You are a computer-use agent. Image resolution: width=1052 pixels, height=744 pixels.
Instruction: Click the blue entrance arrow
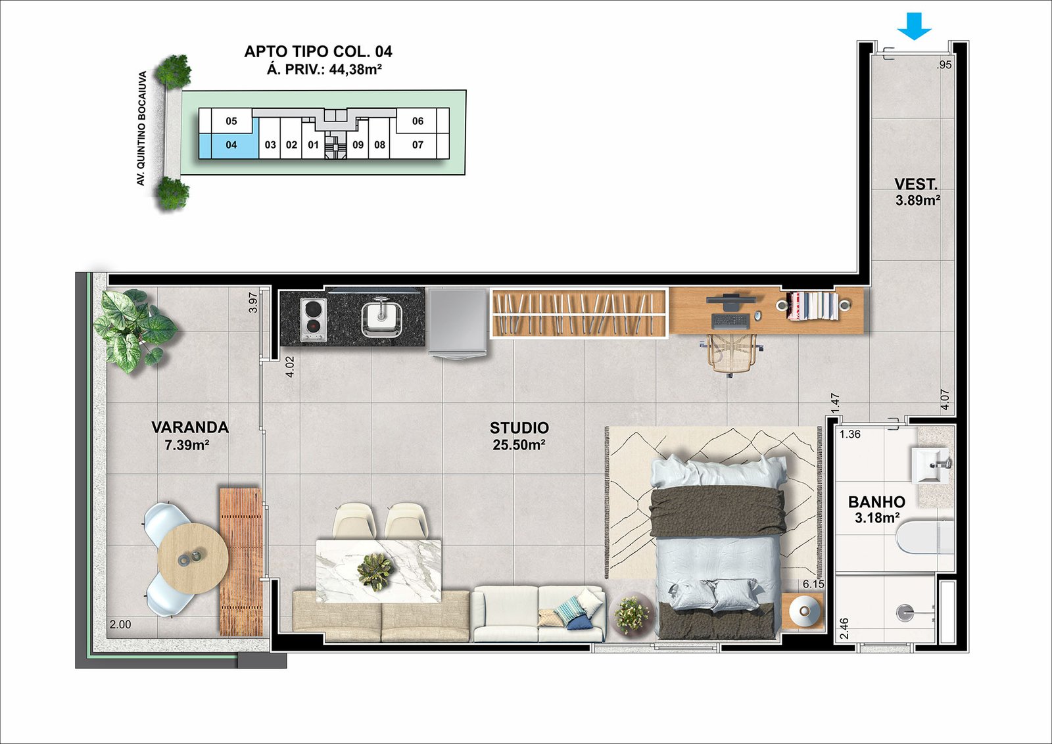click(914, 26)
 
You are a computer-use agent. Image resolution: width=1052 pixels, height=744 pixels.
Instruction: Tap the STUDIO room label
click(519, 428)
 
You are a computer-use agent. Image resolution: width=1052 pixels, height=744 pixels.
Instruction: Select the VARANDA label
click(190, 427)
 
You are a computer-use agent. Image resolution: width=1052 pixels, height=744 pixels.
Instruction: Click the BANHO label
click(876, 501)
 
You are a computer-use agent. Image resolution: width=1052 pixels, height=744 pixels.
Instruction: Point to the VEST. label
click(916, 183)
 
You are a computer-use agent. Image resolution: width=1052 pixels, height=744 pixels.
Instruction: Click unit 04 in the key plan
click(231, 145)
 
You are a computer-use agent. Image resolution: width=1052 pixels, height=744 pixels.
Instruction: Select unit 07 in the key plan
click(418, 145)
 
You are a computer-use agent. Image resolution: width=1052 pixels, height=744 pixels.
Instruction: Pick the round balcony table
click(193, 558)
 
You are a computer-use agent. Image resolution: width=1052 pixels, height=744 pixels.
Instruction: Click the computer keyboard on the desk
click(730, 321)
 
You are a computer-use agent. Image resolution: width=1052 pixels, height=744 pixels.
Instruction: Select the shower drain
click(906, 611)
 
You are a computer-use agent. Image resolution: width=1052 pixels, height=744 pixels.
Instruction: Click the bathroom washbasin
click(930, 465)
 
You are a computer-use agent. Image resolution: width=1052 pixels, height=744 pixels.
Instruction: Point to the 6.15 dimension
click(813, 584)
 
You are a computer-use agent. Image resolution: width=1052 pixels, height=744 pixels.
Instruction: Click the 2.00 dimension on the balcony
click(120, 624)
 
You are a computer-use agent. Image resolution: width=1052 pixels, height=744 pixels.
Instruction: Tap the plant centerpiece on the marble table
click(375, 571)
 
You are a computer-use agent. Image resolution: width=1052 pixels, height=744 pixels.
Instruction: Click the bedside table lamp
click(805, 611)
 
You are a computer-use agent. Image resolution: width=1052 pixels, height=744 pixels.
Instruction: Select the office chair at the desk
click(731, 355)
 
